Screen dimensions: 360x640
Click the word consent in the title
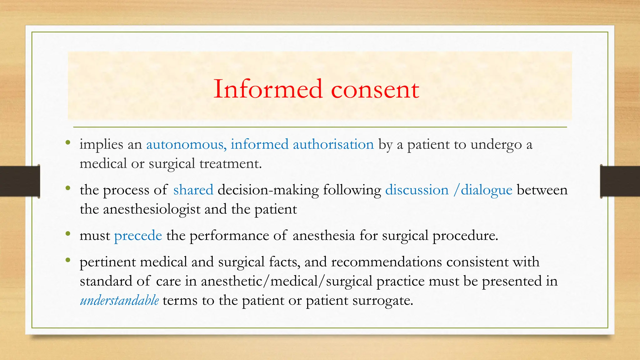[x=375, y=90]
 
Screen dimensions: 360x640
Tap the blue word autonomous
[x=185, y=144]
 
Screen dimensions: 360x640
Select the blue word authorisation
[x=333, y=144]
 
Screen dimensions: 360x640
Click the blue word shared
[x=193, y=190]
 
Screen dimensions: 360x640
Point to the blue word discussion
[x=417, y=190]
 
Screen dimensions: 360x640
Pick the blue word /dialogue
[x=483, y=190]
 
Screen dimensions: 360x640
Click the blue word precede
[x=138, y=236]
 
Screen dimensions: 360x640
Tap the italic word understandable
[x=119, y=301]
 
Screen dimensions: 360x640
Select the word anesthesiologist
[x=152, y=209]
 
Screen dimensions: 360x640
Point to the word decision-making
[x=268, y=190]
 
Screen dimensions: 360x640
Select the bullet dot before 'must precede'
[x=68, y=234]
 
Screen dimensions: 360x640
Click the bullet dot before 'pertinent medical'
[x=68, y=260]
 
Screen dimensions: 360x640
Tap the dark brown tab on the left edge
[x=20, y=181]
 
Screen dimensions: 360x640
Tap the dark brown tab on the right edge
[x=620, y=181]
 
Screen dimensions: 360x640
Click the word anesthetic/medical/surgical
[x=287, y=281]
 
